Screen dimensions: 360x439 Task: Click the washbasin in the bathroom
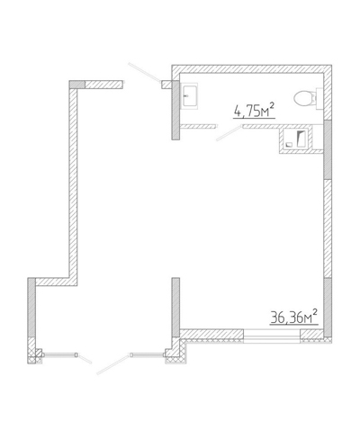190,95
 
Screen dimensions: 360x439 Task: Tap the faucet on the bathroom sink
186,95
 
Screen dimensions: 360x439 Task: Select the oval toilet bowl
303,98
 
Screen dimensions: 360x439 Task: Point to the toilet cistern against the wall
319,99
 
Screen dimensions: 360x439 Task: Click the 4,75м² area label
255,110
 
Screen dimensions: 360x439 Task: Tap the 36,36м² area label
294,317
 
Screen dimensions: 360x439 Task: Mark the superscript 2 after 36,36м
315,312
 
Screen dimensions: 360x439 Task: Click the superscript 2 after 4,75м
272,105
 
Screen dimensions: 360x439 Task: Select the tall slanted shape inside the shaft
301,139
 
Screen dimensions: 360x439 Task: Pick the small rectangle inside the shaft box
289,144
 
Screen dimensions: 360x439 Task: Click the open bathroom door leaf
229,133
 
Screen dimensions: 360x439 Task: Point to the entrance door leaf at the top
145,72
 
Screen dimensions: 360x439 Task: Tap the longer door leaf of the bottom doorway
113,364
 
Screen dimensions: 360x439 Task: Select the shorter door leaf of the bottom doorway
85,359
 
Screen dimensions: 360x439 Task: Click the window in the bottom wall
272,336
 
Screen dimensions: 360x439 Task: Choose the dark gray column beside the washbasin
175,110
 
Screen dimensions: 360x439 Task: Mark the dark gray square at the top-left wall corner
77,85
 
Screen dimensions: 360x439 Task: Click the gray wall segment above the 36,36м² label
328,308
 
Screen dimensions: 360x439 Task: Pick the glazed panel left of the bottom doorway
59,355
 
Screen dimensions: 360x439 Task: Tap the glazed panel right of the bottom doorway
148,355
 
